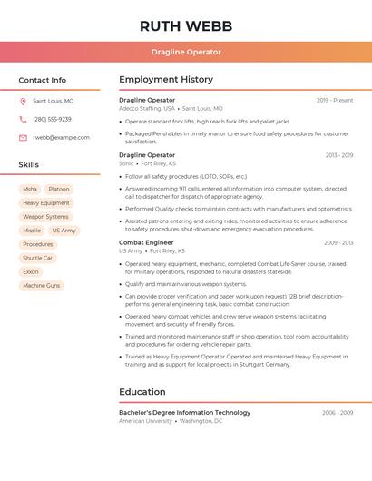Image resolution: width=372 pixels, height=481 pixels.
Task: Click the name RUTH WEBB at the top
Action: click(186, 25)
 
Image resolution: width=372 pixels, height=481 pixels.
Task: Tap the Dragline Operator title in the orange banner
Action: click(186, 52)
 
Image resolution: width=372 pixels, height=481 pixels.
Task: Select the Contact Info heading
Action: click(42, 80)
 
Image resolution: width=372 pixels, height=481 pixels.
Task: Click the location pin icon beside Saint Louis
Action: click(23, 102)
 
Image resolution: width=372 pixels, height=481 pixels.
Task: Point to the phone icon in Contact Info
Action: click(23, 120)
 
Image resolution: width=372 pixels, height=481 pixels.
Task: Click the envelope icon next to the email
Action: click(23, 138)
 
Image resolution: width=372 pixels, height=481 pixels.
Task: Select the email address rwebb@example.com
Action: click(61, 138)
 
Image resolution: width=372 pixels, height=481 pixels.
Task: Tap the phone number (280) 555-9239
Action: click(52, 120)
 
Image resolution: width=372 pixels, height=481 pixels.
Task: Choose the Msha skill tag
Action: click(30, 190)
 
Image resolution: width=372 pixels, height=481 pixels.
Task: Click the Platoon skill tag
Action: click(59, 190)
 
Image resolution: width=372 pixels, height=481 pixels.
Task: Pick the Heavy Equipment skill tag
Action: click(45, 203)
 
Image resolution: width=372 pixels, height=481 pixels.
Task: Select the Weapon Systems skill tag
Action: click(45, 217)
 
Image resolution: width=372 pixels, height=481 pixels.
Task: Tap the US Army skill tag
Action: click(64, 231)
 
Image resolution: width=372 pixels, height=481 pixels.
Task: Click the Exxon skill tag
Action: click(31, 271)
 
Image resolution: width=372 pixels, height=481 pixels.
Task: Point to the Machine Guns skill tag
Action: click(41, 285)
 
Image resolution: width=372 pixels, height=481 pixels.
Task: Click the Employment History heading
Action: click(166, 80)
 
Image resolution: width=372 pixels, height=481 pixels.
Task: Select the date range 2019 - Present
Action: click(335, 100)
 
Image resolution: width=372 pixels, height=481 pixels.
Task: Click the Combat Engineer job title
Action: click(146, 242)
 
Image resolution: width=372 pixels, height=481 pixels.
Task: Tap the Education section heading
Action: click(142, 392)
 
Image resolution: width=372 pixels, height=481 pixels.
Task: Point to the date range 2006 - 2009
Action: click(338, 413)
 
